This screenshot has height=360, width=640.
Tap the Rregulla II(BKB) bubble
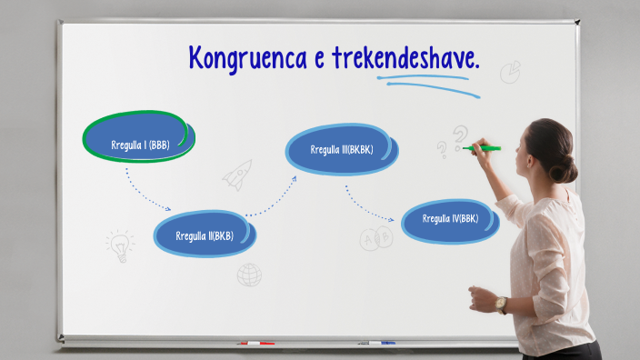(205, 235)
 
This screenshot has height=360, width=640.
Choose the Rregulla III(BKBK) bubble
(342, 150)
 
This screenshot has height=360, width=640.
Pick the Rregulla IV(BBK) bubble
(450, 219)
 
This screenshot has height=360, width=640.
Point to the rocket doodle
(237, 174)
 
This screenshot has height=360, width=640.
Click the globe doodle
(249, 275)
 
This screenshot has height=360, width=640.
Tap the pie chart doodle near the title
(510, 71)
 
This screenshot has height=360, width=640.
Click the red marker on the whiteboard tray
(255, 344)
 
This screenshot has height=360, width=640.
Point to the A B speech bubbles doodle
(375, 239)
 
